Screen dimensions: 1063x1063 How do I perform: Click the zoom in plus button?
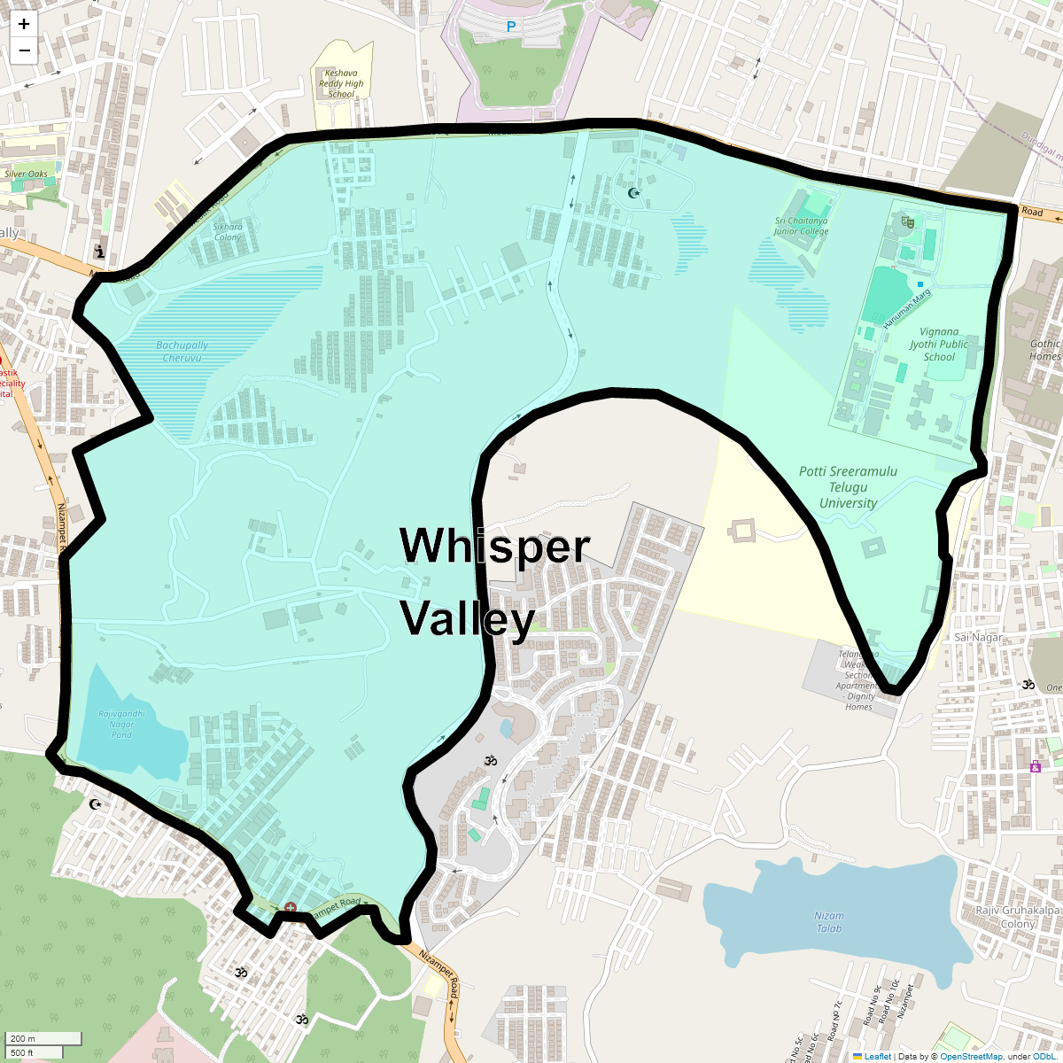(24, 25)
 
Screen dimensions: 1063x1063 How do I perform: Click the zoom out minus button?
(24, 50)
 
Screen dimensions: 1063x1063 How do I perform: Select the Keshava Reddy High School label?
(341, 84)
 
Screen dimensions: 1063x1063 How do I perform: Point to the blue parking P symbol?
(510, 27)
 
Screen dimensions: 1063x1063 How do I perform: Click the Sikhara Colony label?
(228, 232)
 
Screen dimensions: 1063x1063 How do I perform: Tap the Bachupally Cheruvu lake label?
(182, 352)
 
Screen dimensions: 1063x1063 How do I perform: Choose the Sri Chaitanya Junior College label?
(801, 226)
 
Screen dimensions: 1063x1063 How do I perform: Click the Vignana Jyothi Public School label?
(939, 345)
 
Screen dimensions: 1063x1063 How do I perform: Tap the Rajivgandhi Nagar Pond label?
(121, 724)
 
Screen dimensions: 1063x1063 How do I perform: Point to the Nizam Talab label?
(830, 922)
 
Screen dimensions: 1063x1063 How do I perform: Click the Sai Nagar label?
(978, 638)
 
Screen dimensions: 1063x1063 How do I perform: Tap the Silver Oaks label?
(27, 175)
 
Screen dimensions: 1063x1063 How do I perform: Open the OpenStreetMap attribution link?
(971, 1056)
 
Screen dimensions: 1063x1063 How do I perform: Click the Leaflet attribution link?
(877, 1056)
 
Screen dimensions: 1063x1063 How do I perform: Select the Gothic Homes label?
(1045, 350)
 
